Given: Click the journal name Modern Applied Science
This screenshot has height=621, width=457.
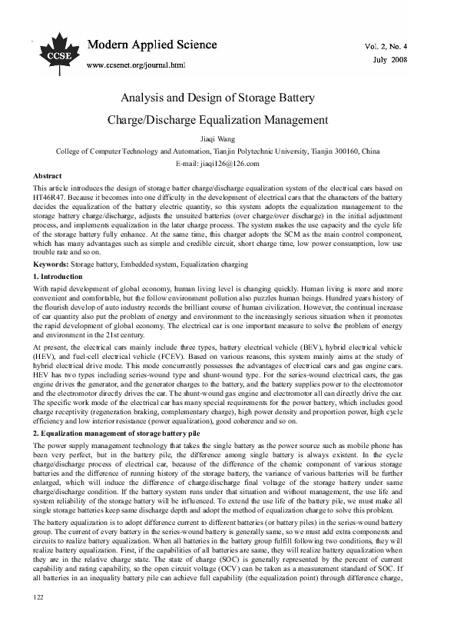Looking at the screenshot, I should pos(152,45).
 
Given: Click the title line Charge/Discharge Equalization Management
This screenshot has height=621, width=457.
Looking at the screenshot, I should pos(228,120).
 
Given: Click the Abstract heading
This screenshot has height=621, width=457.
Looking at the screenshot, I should pos(48,176).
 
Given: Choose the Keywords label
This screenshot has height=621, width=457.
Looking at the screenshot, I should pos(51,264).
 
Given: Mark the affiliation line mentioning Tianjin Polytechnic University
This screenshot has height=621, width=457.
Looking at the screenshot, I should pos(228,151).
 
